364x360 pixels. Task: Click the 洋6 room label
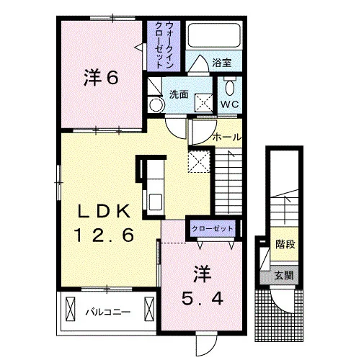pos(101,78)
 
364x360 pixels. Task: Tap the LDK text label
pos(104,211)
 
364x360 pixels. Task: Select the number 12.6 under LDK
pos(104,235)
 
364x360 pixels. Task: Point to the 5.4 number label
pos(203,298)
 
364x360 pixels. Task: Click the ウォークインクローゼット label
pos(164,45)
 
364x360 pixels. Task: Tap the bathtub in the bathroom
pos(214,35)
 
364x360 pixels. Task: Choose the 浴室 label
pos(221,63)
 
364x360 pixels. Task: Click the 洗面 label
pos(179,94)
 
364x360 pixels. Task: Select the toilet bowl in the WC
pos(230,88)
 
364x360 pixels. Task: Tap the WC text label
pos(230,104)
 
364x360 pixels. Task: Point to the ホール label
pos(227,138)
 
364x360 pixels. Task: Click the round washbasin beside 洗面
pos(156,105)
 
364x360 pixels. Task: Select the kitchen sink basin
pos(156,202)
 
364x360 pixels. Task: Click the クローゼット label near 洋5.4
pos(213,228)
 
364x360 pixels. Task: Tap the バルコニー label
pos(108,312)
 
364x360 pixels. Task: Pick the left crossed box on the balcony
pos(70,309)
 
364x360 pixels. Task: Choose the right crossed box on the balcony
pos(149,309)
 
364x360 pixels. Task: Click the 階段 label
pos(285,244)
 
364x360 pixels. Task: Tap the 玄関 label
pos(284,276)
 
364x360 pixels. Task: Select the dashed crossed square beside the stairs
pos(199,161)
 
